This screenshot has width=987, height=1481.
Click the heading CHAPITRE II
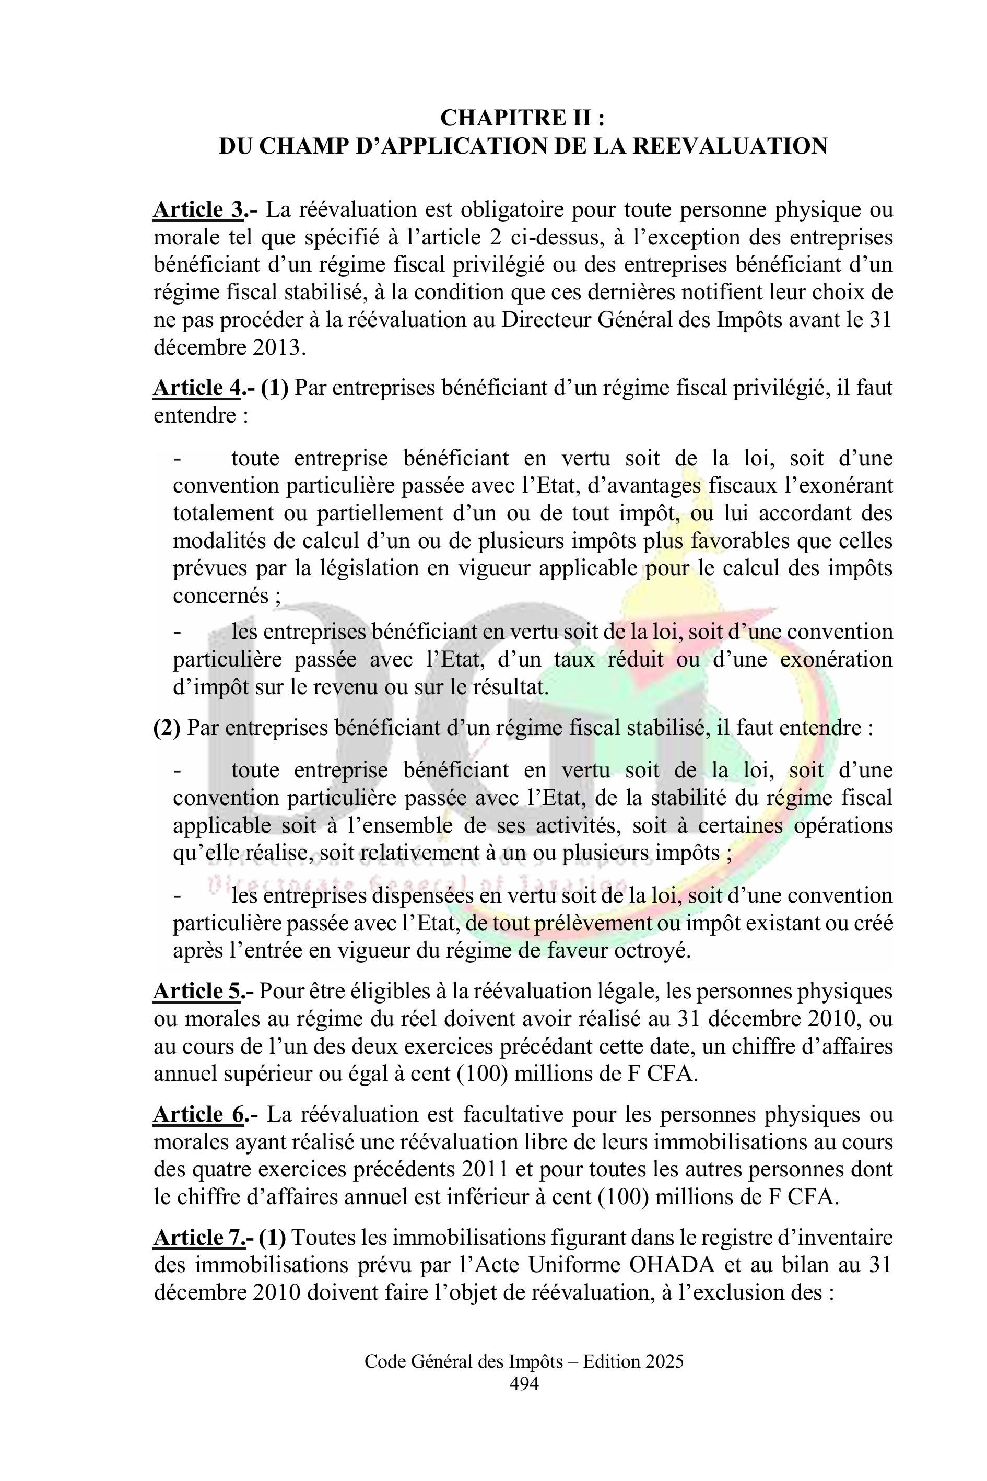click(522, 118)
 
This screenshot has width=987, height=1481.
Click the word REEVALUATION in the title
click(730, 146)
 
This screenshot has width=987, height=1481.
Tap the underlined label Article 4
click(197, 389)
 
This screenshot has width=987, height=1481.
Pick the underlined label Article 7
click(197, 1238)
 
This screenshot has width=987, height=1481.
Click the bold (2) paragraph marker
click(167, 729)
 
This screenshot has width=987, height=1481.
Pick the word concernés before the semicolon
click(221, 596)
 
